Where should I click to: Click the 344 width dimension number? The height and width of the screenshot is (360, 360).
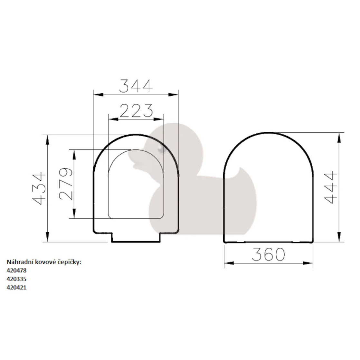click(x=136, y=86)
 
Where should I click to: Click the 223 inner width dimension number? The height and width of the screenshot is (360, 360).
click(x=136, y=110)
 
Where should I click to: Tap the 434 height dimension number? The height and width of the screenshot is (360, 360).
click(x=39, y=188)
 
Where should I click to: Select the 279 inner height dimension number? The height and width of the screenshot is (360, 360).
click(x=66, y=184)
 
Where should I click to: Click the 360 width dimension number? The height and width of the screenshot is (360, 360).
click(x=269, y=254)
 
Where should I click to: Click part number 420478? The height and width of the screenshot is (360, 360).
click(x=16, y=270)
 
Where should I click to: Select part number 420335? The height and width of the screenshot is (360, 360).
click(x=16, y=279)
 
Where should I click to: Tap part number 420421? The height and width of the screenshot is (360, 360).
click(x=16, y=288)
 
